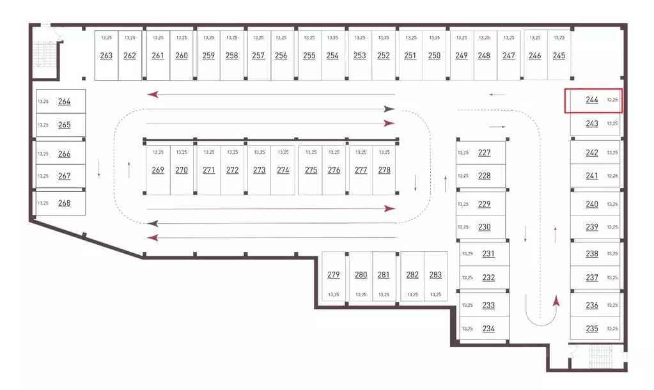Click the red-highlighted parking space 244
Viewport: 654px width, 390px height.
(593, 100)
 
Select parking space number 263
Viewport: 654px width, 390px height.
(106, 55)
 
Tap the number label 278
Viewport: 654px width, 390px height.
(384, 170)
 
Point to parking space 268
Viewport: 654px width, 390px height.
(61, 203)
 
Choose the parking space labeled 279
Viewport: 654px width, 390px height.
(334, 276)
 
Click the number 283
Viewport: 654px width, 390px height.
(435, 274)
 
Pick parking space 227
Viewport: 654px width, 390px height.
(481, 153)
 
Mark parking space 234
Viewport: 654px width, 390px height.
(484, 329)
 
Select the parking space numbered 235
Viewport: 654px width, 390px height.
(595, 328)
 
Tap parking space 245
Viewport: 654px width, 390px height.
(559, 55)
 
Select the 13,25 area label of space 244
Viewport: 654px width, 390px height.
(612, 100)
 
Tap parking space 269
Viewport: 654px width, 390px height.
(158, 170)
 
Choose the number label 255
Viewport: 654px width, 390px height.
(309, 56)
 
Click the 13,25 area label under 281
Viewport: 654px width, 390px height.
(384, 295)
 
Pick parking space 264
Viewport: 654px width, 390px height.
(61, 102)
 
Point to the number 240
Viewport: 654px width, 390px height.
(592, 204)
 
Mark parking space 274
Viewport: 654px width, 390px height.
(283, 170)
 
